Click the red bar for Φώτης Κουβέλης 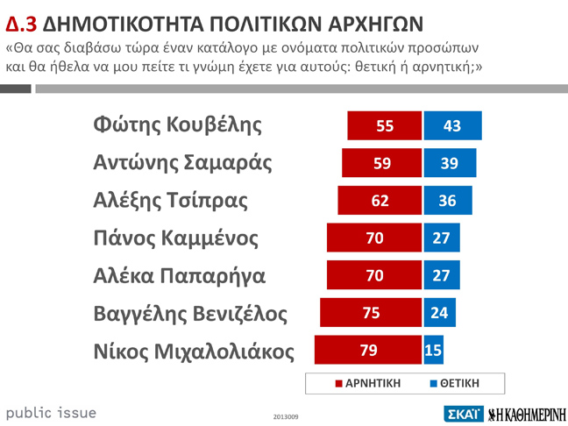pyautogui.click(x=384, y=125)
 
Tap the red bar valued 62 pyautogui.click(x=380, y=201)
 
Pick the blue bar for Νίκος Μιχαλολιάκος pyautogui.click(x=433, y=351)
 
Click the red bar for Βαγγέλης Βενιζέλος pyautogui.click(x=371, y=313)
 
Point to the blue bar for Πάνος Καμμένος pyautogui.click(x=442, y=238)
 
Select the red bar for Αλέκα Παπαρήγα pyautogui.click(x=374, y=275)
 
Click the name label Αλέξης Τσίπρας pyautogui.click(x=170, y=201)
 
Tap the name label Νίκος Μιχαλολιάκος pyautogui.click(x=193, y=351)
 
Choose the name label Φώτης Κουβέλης pyautogui.click(x=177, y=125)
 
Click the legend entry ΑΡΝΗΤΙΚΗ pyautogui.click(x=368, y=384)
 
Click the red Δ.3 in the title pyautogui.click(x=21, y=22)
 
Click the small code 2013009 pyautogui.click(x=286, y=416)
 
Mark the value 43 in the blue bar pyautogui.click(x=451, y=125)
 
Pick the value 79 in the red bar pyautogui.click(x=368, y=351)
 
